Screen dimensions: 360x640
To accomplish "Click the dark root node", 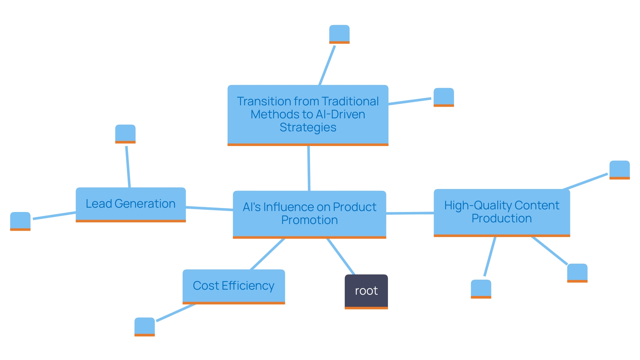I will (x=366, y=291).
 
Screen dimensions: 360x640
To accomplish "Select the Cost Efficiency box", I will (x=234, y=286).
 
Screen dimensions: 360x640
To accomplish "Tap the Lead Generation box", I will (x=131, y=204).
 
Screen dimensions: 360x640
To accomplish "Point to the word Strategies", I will (x=308, y=127).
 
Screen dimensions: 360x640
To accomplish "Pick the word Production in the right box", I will (x=501, y=218).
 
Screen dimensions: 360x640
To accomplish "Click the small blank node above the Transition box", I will (x=339, y=34).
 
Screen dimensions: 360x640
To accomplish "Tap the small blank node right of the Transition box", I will (x=444, y=97).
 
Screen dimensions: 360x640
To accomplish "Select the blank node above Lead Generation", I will (x=125, y=133).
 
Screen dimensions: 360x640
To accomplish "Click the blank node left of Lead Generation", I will (x=20, y=221).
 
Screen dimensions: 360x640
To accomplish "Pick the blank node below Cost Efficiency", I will (x=145, y=326).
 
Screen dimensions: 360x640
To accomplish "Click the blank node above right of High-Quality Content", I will (x=619, y=169).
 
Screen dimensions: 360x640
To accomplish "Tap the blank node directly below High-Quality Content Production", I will (x=481, y=288).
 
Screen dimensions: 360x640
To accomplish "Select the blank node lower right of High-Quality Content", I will (x=577, y=272).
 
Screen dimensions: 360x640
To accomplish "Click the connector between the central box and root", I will (x=341, y=256).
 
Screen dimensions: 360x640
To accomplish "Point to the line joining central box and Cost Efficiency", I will (x=268, y=254).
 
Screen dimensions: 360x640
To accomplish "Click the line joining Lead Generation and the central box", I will (x=209, y=209).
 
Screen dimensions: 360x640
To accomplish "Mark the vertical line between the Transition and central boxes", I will (x=309, y=168).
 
